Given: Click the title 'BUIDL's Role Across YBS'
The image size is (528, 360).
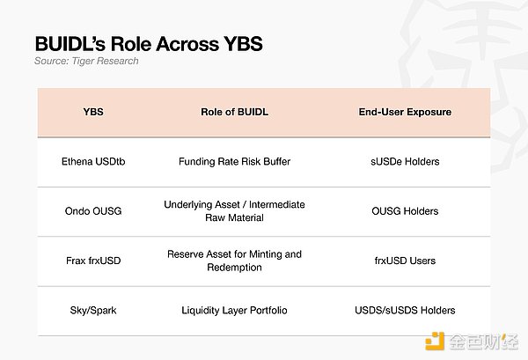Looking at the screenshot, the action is pyautogui.click(x=149, y=44).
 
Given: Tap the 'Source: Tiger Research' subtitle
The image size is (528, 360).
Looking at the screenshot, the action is pyautogui.click(x=86, y=61).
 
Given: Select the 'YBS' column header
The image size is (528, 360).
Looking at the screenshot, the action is pyautogui.click(x=93, y=112).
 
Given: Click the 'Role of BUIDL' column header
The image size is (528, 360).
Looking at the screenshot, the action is pyautogui.click(x=235, y=112).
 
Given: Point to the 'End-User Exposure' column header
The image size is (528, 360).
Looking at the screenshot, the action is pyautogui.click(x=405, y=112).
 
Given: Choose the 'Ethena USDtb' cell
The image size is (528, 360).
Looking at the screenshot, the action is pyautogui.click(x=93, y=162).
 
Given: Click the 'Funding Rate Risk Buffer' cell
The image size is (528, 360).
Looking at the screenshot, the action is pyautogui.click(x=235, y=162).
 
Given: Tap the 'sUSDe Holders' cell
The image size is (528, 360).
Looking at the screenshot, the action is pyautogui.click(x=405, y=162).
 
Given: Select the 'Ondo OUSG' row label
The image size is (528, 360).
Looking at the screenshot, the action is pyautogui.click(x=93, y=211).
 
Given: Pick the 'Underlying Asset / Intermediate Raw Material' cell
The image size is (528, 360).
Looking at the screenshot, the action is pyautogui.click(x=235, y=211).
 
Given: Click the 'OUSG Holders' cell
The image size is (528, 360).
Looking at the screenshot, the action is pyautogui.click(x=405, y=211).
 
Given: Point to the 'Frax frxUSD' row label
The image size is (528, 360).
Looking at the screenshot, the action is pyautogui.click(x=93, y=261).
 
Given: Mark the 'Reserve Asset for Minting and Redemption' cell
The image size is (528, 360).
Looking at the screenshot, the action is pyautogui.click(x=235, y=261).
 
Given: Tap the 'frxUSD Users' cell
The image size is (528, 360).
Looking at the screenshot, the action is pyautogui.click(x=405, y=261).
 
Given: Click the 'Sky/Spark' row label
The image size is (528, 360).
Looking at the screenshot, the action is pyautogui.click(x=93, y=310).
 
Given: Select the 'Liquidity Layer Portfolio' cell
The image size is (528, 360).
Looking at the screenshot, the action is pyautogui.click(x=235, y=310).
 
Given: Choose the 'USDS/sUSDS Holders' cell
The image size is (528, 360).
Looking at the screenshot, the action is pyautogui.click(x=405, y=310).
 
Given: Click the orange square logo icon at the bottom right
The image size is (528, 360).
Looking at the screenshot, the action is pyautogui.click(x=435, y=342).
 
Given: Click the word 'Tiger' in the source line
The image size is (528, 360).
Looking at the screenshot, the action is pyautogui.click(x=81, y=61).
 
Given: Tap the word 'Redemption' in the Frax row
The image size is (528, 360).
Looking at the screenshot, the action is pyautogui.click(x=235, y=268).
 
